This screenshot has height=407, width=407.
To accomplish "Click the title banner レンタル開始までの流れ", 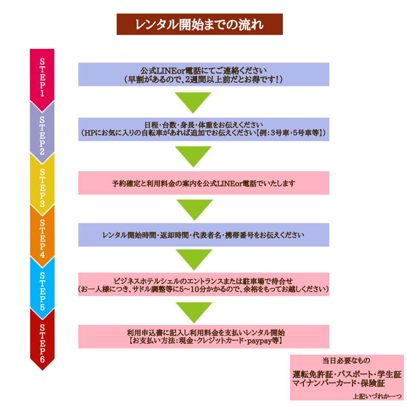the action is pyautogui.click(x=199, y=24).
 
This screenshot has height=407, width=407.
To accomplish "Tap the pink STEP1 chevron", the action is pyautogui.click(x=42, y=78).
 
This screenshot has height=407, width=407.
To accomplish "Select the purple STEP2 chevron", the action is pyautogui.click(x=42, y=134).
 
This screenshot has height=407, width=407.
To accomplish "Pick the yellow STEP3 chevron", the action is pyautogui.click(x=42, y=186).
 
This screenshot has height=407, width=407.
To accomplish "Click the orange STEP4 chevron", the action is pyautogui.click(x=42, y=238).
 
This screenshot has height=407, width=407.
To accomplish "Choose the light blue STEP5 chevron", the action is pyautogui.click(x=42, y=289).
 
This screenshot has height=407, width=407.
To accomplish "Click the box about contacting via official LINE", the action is pyautogui.click(x=204, y=74).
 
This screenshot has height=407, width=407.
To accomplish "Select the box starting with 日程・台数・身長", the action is pyautogui.click(x=204, y=129).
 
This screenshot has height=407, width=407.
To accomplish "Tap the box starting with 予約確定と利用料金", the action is pyautogui.click(x=204, y=183).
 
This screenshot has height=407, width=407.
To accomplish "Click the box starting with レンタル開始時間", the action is pyautogui.click(x=204, y=235).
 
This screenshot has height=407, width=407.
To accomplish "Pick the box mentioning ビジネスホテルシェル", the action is pyautogui.click(x=204, y=284).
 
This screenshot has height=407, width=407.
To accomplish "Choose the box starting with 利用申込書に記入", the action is pyautogui.click(x=204, y=336).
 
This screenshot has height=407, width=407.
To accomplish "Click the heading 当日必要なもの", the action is pyautogui.click(x=346, y=361).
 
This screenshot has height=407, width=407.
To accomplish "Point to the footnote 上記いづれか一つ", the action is pyautogui.click(x=377, y=396).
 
